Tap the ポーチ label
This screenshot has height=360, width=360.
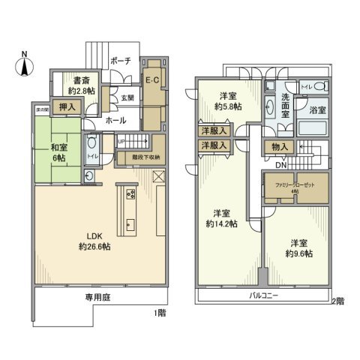point(120,60)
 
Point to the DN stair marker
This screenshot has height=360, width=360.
point(280,166)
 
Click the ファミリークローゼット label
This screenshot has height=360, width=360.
point(295,184)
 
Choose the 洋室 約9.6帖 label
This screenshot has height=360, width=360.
point(298,248)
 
